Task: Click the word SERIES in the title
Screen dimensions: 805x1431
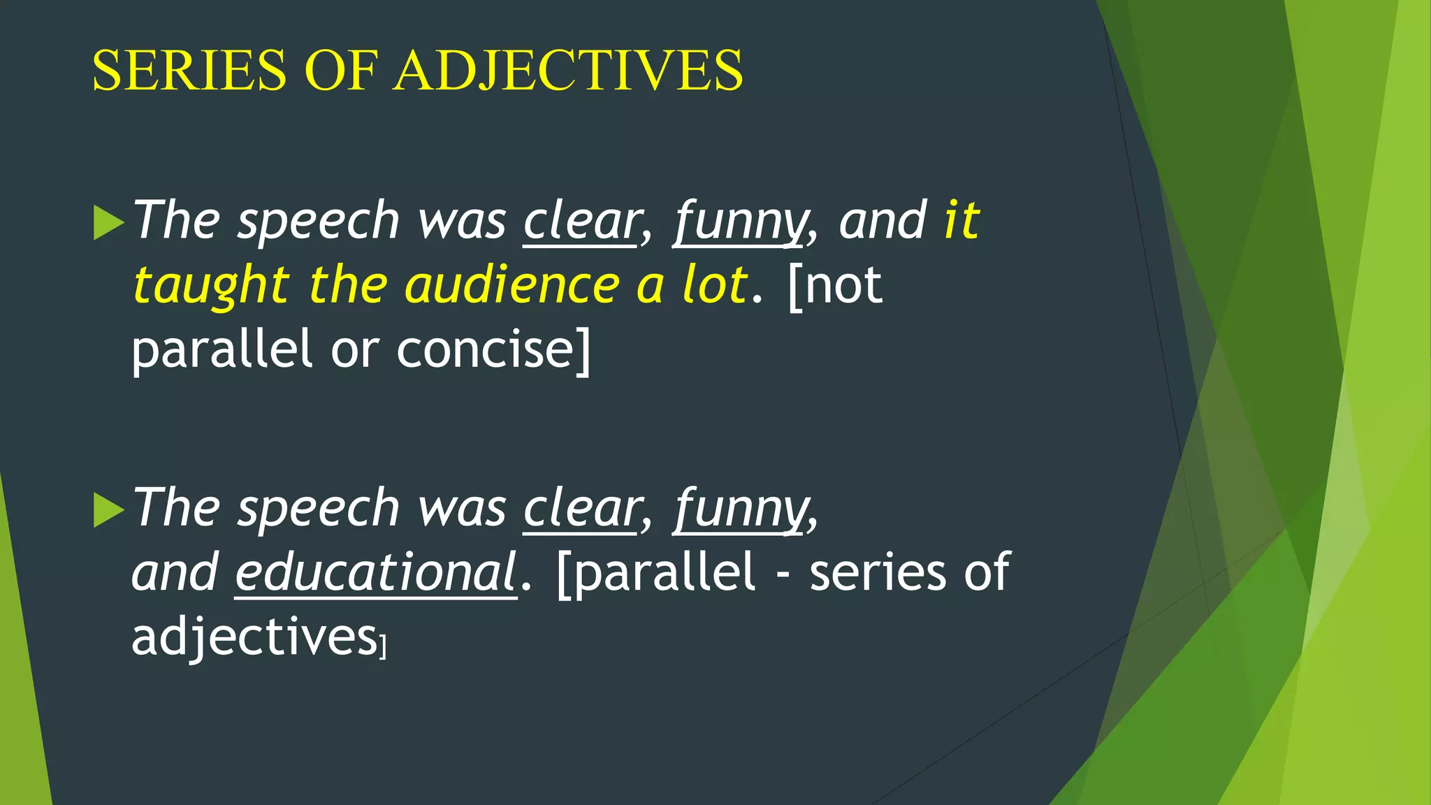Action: click(x=189, y=71)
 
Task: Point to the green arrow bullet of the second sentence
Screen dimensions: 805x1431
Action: click(x=108, y=510)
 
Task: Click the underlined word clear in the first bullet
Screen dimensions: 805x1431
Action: click(x=581, y=222)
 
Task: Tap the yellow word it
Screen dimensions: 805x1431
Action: click(x=962, y=220)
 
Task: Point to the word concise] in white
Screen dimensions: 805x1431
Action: click(x=493, y=350)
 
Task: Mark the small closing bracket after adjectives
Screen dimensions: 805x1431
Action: click(x=382, y=646)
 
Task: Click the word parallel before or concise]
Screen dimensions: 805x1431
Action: click(x=221, y=350)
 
